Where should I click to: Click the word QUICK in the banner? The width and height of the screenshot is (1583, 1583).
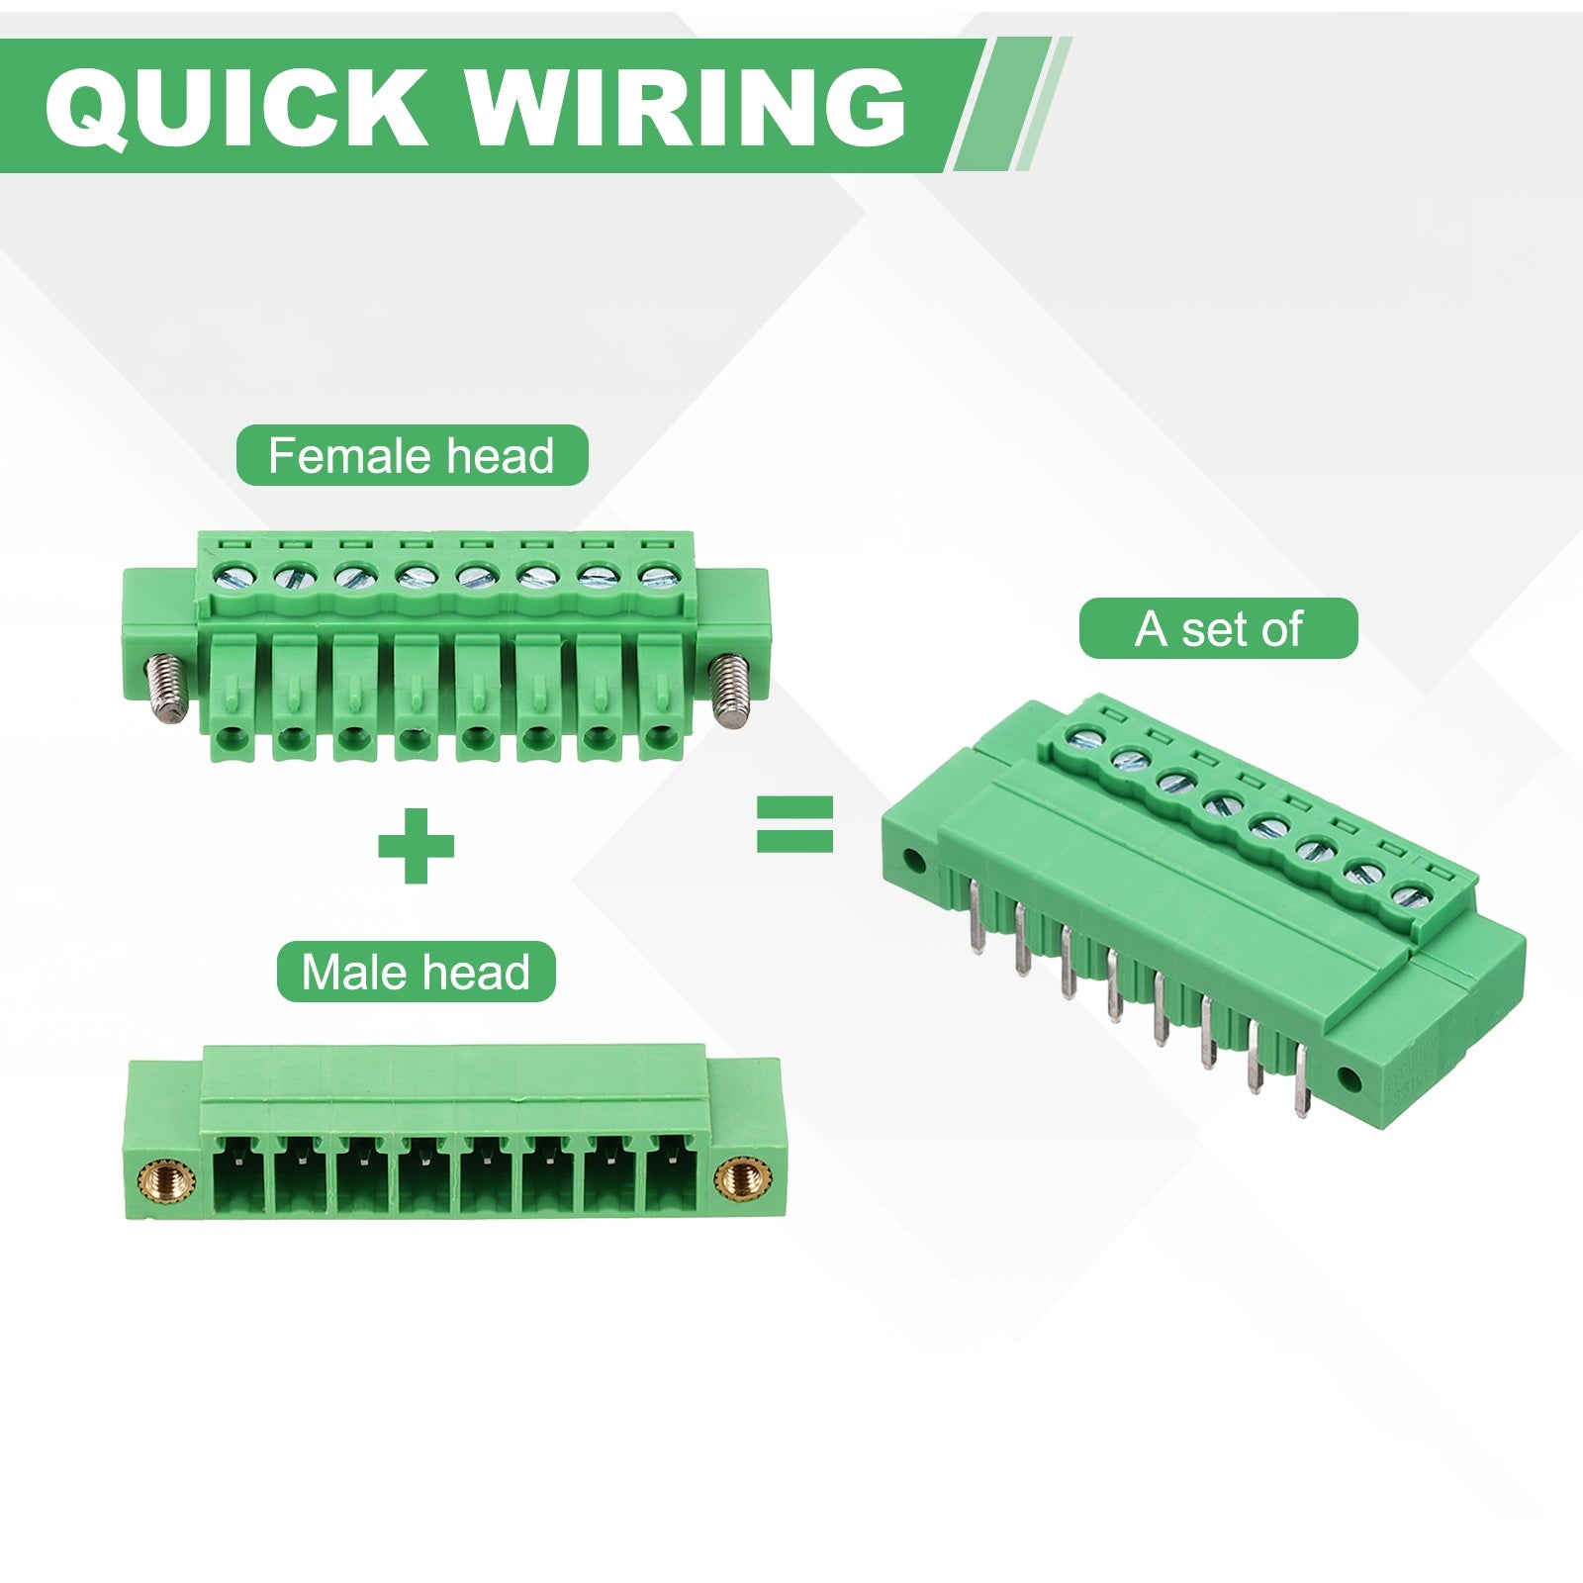click(235, 107)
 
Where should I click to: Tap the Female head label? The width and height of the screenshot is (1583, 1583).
click(412, 456)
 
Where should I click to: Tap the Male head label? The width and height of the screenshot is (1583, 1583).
click(416, 972)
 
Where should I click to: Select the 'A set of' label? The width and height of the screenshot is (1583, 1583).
click(1218, 628)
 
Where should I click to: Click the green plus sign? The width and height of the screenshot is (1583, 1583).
click(417, 846)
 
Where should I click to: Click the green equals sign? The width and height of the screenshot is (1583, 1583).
click(794, 825)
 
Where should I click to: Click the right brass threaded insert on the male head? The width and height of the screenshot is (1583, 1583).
click(737, 1177)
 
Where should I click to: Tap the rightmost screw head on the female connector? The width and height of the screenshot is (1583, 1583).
click(653, 574)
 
